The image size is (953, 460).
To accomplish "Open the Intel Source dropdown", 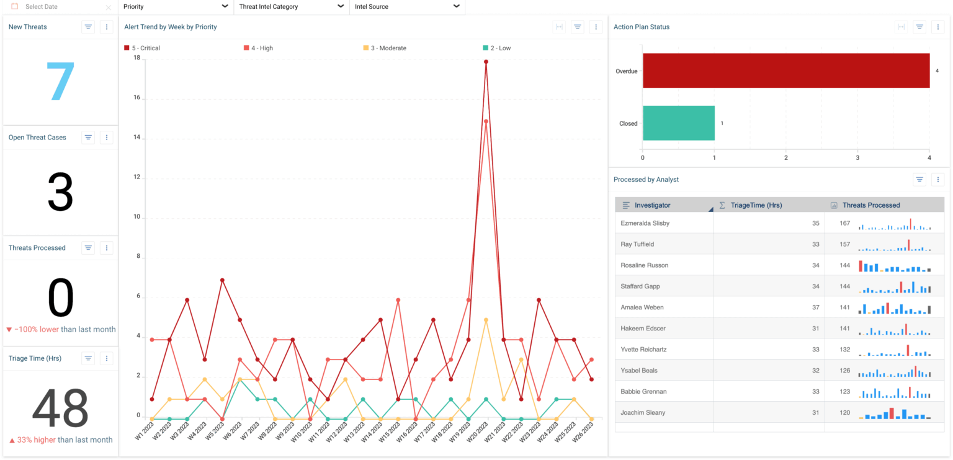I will click(407, 7).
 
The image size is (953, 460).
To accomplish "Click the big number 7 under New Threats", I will click(60, 82).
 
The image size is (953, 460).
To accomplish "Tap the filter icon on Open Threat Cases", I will click(88, 138).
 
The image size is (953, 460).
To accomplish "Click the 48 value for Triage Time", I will click(60, 409).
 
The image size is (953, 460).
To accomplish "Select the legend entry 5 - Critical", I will click(142, 48).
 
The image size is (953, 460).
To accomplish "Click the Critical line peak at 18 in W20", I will click(486, 61).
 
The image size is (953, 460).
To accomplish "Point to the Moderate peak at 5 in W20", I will click(486, 320).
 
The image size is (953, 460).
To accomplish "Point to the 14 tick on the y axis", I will click(136, 138).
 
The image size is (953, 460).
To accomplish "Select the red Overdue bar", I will click(785, 71).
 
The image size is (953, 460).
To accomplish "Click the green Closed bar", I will click(678, 123).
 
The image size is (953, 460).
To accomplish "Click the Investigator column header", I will click(652, 205).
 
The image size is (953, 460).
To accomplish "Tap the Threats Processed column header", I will click(870, 205).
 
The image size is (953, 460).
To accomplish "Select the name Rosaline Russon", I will click(645, 265).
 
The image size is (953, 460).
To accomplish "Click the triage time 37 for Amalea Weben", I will click(815, 307).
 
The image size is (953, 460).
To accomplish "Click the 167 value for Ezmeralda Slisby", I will click(844, 223).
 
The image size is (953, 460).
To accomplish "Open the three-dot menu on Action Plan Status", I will click(937, 27).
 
